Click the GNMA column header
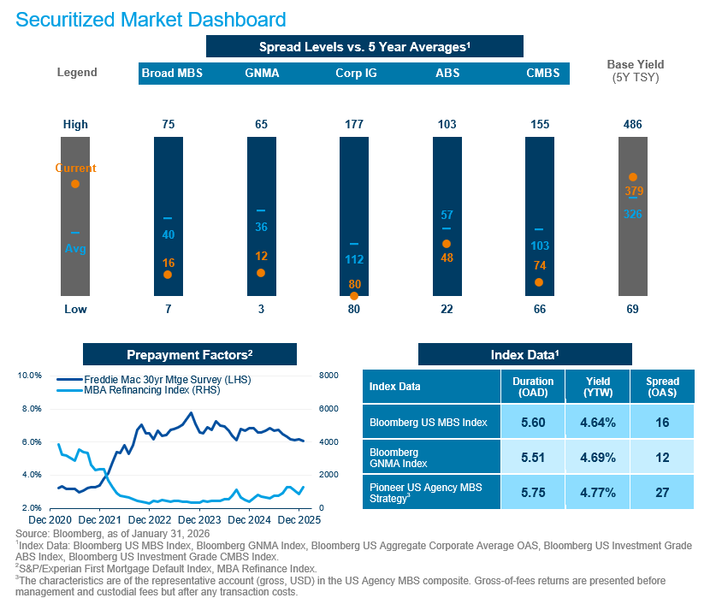coord(262,74)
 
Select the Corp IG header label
coord(356,74)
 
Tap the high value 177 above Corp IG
coord(354,124)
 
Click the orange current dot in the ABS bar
coord(447,244)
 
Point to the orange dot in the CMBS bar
coord(539,282)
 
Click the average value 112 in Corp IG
coord(354,259)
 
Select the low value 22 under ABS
coord(447,309)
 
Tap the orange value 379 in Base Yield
coord(634,191)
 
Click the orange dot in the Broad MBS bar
coord(168,275)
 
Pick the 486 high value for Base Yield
coord(633,124)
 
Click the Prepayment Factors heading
coord(190,355)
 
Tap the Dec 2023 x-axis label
coord(199,520)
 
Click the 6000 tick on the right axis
coord(328,409)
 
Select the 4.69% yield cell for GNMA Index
coord(598,458)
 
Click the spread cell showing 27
coord(662,493)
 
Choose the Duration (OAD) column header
coord(533,387)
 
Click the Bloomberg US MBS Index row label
coord(429,422)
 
